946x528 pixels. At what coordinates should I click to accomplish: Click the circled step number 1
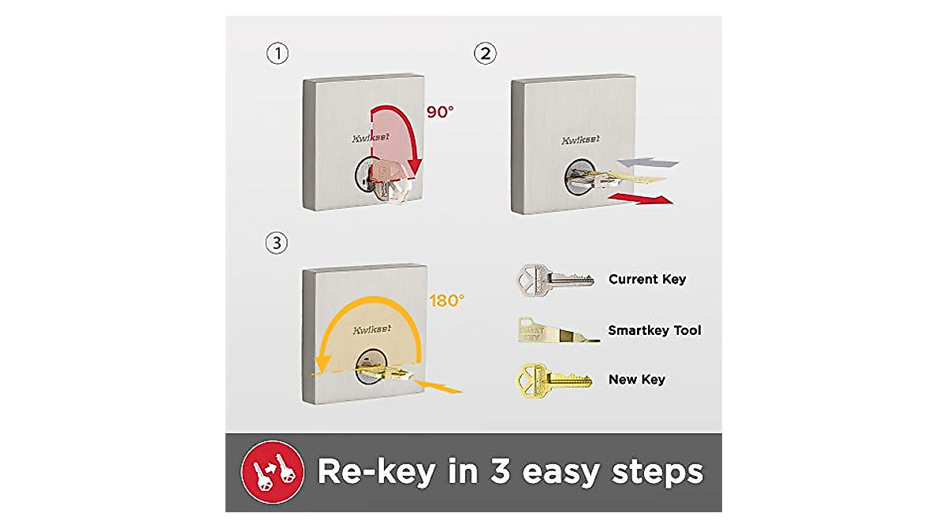pyautogui.click(x=277, y=54)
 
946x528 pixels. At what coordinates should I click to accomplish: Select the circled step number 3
pyautogui.click(x=276, y=244)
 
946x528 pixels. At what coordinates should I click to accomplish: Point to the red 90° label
pyautogui.click(x=441, y=112)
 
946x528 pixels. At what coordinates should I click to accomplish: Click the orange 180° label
pyautogui.click(x=447, y=300)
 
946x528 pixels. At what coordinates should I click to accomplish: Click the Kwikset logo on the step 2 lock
pyautogui.click(x=579, y=140)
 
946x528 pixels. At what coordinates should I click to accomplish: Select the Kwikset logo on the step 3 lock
pyautogui.click(x=372, y=330)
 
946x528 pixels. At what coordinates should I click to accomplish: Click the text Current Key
pyautogui.click(x=646, y=279)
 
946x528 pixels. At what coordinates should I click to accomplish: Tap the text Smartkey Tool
pyautogui.click(x=654, y=330)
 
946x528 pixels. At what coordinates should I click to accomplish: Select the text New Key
pyautogui.click(x=636, y=380)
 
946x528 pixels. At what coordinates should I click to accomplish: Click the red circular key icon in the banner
pyautogui.click(x=274, y=471)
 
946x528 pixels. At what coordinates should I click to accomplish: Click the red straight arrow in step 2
pyautogui.click(x=643, y=196)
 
